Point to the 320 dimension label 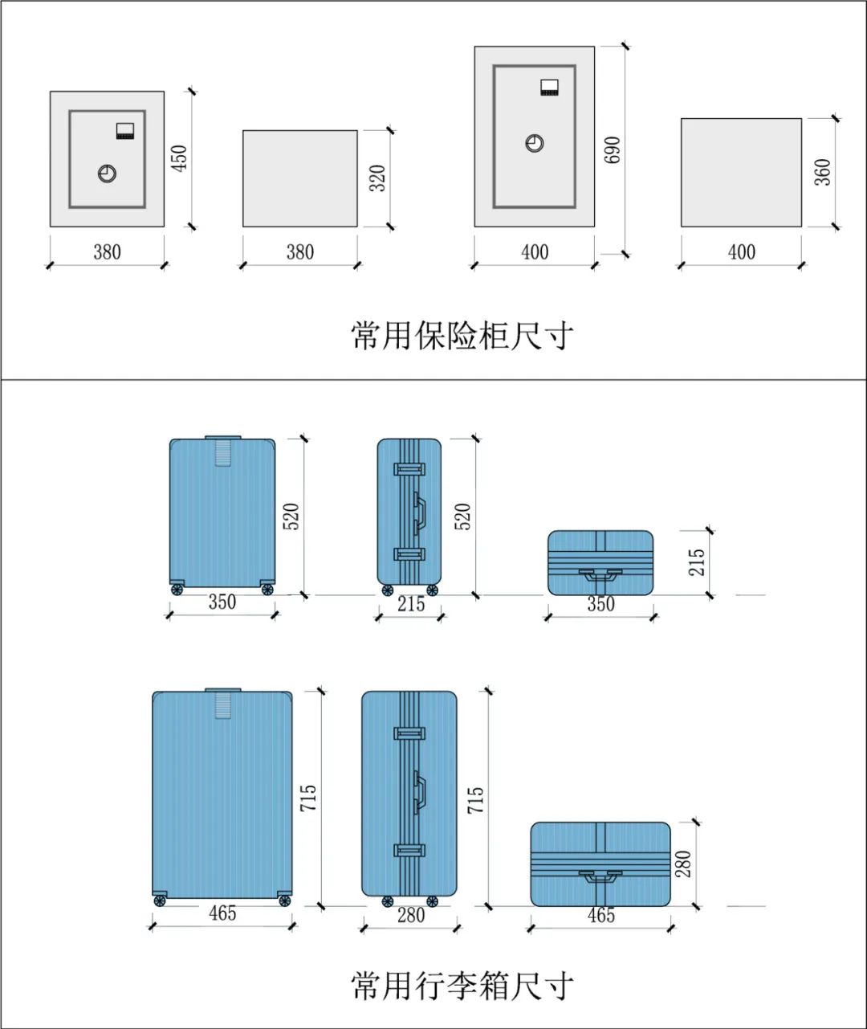coord(377,178)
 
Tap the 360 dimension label coord(823,173)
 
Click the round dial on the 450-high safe coord(107,173)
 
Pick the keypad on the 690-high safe coord(549,88)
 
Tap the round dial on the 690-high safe coord(535,143)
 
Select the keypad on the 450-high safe coord(124,131)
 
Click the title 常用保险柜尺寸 coord(462,335)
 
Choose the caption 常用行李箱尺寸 coord(462,985)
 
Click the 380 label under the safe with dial coord(107,252)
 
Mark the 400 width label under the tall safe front coord(535,252)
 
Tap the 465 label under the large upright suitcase coord(222,913)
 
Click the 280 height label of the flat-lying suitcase coord(683,864)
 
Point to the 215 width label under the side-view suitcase coord(410,604)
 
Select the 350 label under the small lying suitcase coord(600,604)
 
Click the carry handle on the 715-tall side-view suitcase coord(419,791)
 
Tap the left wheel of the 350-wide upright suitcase coord(177,590)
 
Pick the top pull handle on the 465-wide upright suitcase coord(223,703)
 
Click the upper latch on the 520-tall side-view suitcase coord(409,469)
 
